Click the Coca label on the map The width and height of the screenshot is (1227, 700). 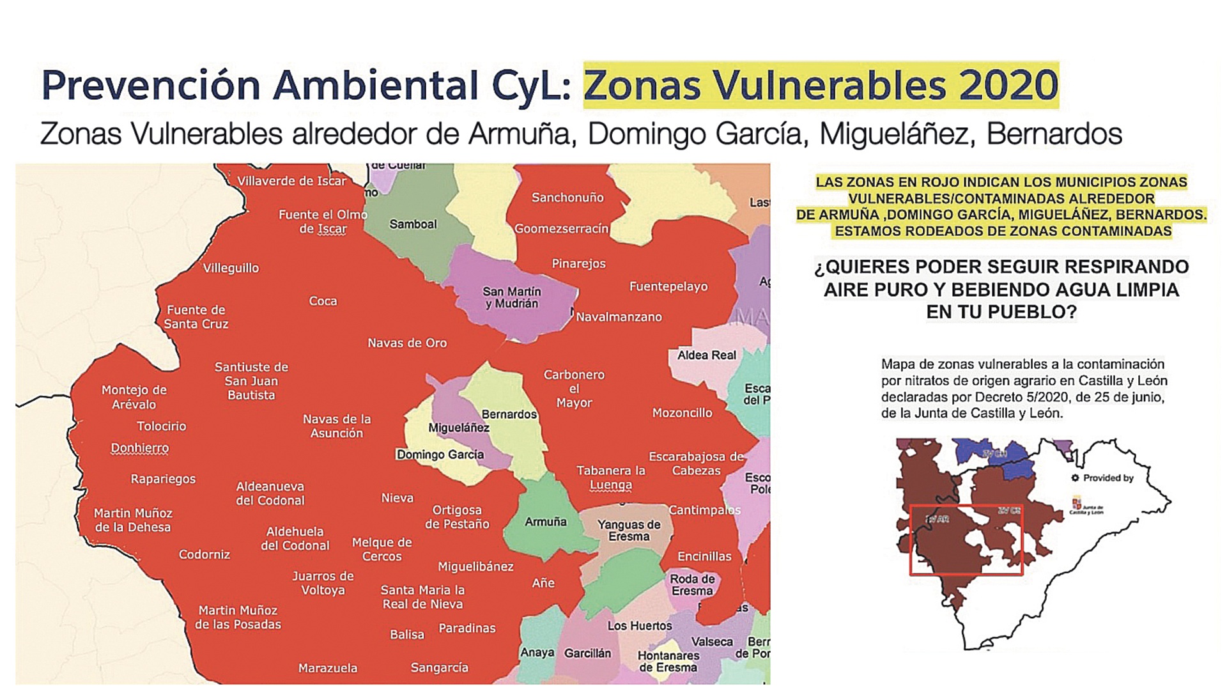(x=323, y=301)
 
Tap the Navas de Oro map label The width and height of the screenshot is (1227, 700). (x=407, y=343)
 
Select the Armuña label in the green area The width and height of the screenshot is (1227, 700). (x=545, y=522)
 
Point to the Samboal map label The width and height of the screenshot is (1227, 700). (x=413, y=224)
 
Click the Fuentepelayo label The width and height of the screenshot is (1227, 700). (x=668, y=286)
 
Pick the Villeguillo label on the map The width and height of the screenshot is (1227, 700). (x=231, y=268)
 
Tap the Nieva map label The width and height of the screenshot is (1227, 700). (x=397, y=498)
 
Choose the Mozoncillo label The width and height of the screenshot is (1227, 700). (x=682, y=413)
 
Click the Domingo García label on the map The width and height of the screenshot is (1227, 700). (x=440, y=455)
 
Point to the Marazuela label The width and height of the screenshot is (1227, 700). (x=328, y=668)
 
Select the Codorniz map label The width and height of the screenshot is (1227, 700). (x=204, y=554)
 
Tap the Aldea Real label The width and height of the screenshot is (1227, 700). (x=707, y=355)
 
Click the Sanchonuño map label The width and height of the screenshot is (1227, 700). (x=567, y=198)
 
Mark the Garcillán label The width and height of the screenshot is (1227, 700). (x=587, y=653)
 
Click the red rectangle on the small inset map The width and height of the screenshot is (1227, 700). (x=966, y=540)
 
